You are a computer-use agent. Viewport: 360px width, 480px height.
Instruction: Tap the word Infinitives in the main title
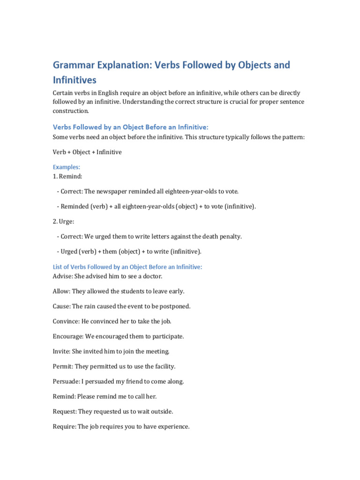[x=75, y=80]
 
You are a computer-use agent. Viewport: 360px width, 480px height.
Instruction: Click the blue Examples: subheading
[x=67, y=167]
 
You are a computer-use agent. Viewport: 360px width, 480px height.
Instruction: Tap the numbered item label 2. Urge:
[x=64, y=221]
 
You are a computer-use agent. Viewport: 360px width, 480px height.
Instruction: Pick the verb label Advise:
[x=62, y=276]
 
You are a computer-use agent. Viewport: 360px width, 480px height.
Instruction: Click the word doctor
[x=151, y=276]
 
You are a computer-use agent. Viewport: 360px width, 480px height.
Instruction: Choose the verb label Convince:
[x=66, y=321]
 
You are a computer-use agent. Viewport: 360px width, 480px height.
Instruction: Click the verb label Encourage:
[x=68, y=336]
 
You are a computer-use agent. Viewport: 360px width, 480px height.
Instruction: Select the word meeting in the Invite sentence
[x=157, y=351]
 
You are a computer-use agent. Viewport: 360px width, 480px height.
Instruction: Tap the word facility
[x=164, y=366]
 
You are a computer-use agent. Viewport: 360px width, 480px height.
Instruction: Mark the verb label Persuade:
[x=66, y=381]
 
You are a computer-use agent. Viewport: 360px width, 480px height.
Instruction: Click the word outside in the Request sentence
[x=161, y=411]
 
